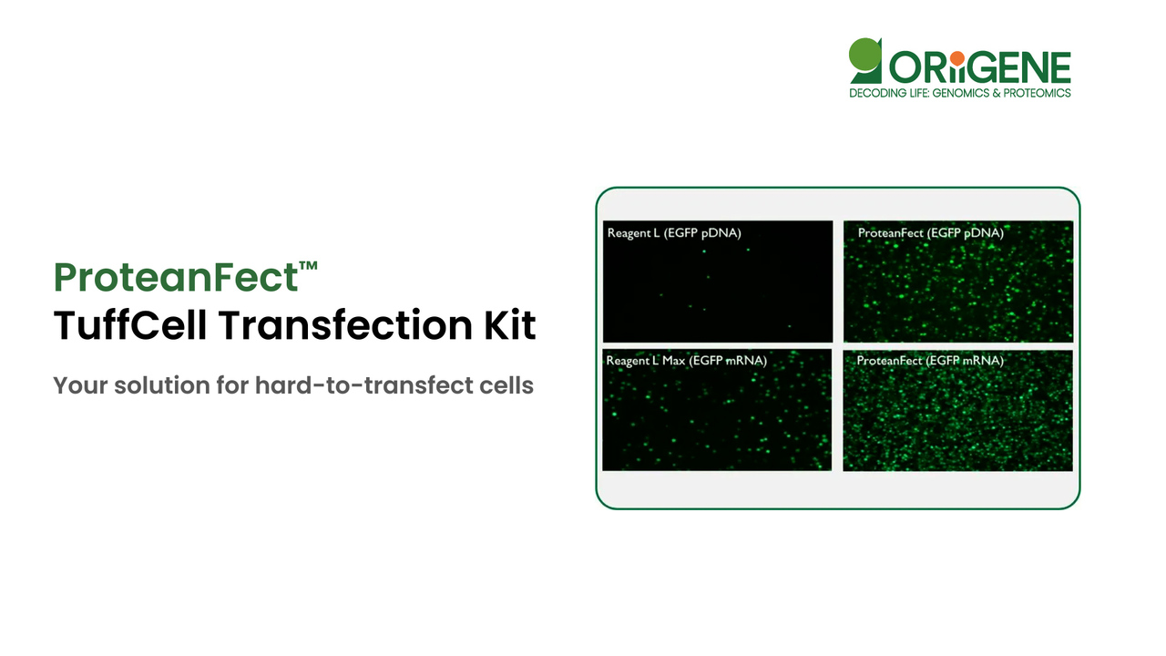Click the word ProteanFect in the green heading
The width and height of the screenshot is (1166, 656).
click(x=176, y=277)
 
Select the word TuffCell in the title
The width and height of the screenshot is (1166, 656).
click(x=128, y=325)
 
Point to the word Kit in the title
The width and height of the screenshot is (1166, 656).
click(x=509, y=325)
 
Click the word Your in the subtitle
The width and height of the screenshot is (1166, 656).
click(x=76, y=385)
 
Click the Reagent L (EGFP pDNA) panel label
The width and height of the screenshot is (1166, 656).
click(x=674, y=233)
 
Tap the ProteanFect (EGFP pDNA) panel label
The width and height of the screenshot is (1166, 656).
click(x=930, y=233)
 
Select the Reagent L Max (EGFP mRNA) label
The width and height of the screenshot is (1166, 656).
click(x=686, y=361)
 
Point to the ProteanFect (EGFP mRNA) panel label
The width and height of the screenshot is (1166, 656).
click(x=930, y=361)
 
